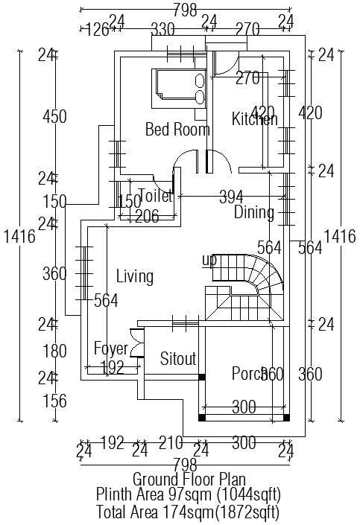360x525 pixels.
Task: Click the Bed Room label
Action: coord(177,130)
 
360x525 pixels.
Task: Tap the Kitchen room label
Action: coord(254,119)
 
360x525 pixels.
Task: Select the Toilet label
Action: coord(156,197)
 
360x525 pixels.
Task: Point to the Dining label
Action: coord(254,213)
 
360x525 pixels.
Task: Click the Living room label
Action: coord(135,277)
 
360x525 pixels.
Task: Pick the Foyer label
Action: coord(111,349)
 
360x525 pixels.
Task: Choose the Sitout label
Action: coord(178,359)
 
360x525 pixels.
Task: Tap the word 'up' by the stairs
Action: coord(209,260)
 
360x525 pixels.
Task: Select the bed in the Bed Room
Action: coord(179,86)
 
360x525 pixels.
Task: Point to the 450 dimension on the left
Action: coord(54,117)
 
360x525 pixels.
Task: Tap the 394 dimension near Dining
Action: coord(231,197)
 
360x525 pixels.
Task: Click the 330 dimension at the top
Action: coord(162,30)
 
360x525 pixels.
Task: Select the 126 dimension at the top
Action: coord(97,30)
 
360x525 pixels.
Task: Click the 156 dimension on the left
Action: coord(54,401)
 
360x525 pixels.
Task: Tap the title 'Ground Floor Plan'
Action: coord(189,479)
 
